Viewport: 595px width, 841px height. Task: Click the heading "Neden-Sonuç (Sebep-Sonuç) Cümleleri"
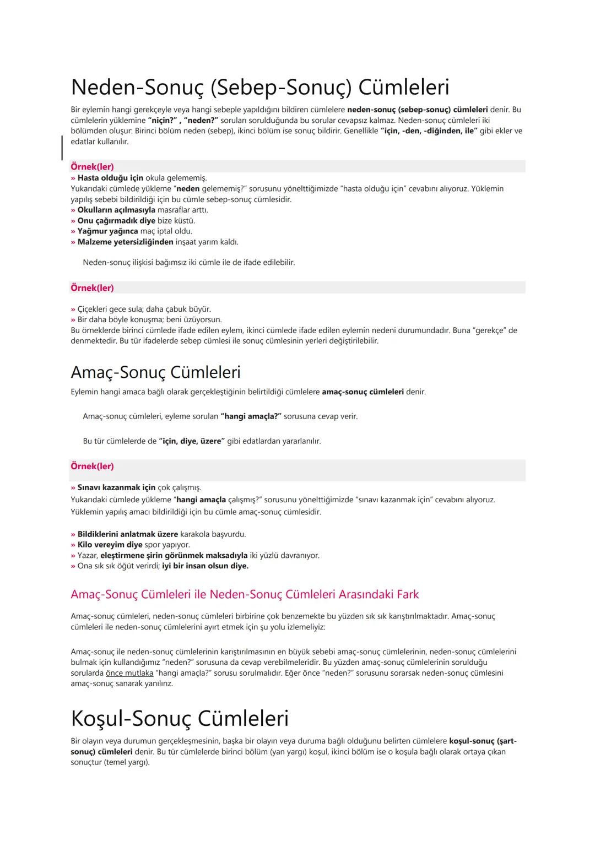coord(260,87)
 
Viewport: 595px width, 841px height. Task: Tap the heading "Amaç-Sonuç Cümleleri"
coord(155,372)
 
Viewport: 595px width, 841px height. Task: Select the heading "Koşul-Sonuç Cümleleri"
coord(180,718)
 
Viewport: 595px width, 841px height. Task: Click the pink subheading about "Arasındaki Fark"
coord(245,595)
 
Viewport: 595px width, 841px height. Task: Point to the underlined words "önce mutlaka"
coord(129,673)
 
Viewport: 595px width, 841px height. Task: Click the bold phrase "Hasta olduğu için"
coord(110,178)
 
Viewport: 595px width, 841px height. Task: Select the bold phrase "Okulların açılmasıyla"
coord(116,210)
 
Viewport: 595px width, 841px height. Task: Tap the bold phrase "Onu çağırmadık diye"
coord(116,221)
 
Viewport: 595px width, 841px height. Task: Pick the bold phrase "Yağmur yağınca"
coord(107,231)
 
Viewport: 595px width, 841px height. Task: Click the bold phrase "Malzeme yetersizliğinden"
coord(125,242)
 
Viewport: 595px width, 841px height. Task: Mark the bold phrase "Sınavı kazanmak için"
coord(116,487)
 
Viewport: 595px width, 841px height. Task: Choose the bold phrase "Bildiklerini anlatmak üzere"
coord(127,534)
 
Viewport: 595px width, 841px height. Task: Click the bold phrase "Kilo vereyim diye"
coord(110,545)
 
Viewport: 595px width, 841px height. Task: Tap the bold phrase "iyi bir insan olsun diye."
coord(205,566)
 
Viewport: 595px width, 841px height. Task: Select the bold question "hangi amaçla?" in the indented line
coord(251,416)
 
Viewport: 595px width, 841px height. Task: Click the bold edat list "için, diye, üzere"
coord(192,441)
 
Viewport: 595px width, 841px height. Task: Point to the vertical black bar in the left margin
coord(62,148)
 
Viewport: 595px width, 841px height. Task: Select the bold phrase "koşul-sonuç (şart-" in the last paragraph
coord(483,741)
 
